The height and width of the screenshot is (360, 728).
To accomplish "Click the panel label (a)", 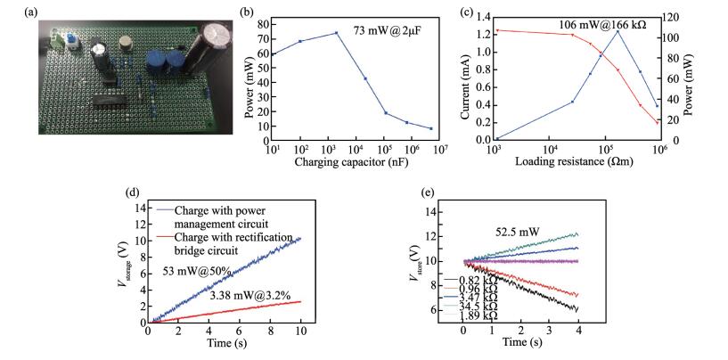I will pyautogui.click(x=12, y=12).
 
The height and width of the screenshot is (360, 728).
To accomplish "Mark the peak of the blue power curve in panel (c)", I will pyautogui.click(x=617, y=31).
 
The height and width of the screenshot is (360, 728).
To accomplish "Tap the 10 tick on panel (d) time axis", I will pyautogui.click(x=302, y=334).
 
